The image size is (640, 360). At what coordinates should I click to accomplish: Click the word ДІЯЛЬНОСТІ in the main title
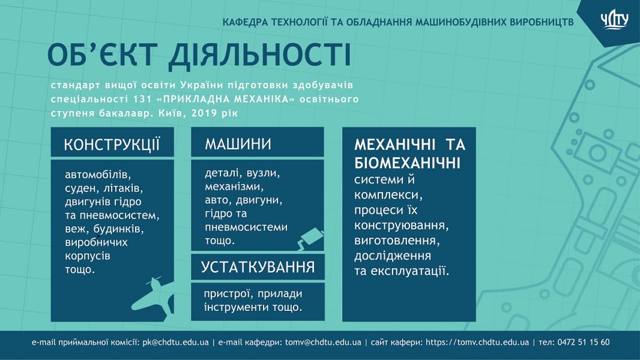(259, 55)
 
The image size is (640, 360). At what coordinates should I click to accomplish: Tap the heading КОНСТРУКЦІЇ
(112, 145)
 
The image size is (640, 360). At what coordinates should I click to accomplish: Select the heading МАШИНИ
(238, 144)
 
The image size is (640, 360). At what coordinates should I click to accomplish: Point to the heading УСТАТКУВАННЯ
(258, 267)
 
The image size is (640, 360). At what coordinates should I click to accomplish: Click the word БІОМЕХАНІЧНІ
(407, 163)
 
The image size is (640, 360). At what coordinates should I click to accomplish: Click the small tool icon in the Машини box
(310, 239)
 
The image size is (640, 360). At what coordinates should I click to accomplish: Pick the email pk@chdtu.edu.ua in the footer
(175, 342)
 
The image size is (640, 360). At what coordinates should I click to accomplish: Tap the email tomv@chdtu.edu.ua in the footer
(323, 342)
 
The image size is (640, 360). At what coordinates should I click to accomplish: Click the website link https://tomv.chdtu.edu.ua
(477, 342)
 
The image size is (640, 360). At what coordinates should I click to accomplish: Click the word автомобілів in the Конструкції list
(98, 175)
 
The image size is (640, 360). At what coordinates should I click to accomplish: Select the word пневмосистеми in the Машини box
(246, 227)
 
